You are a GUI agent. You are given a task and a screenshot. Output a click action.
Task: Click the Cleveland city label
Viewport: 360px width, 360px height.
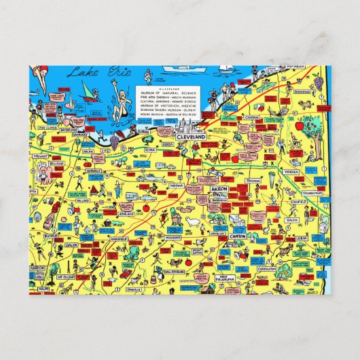(190, 137)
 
